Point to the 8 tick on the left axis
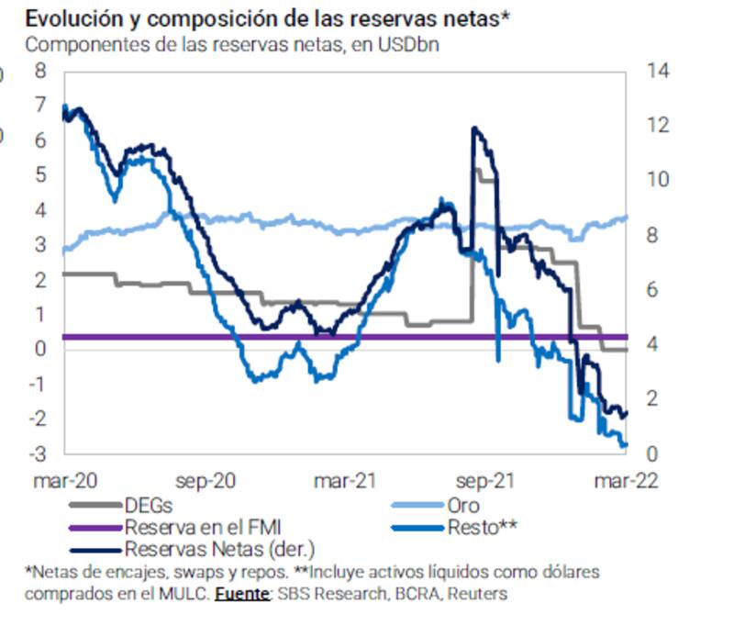[40, 71]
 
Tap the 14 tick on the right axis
[657, 71]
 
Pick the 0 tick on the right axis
[652, 453]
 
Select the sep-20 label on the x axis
[205, 480]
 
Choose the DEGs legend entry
[148, 505]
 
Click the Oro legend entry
[462, 505]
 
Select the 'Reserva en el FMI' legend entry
[202, 527]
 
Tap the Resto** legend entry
[484, 527]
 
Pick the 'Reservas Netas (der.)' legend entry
[218, 549]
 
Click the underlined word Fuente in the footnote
[242, 594]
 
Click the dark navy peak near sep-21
[474, 129]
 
